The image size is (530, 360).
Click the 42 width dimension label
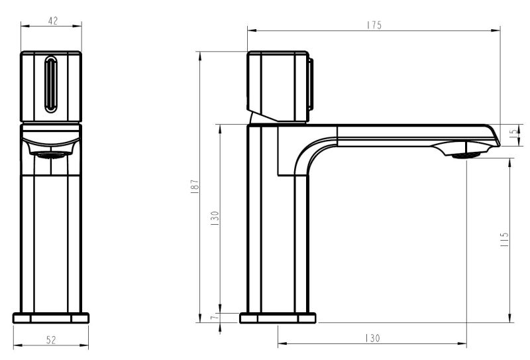[53, 21]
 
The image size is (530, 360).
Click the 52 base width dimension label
[51, 339]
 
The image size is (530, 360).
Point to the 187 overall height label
[195, 186]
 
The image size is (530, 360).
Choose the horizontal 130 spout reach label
[372, 338]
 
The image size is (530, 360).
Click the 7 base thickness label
[213, 318]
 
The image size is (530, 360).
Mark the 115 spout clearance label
[504, 239]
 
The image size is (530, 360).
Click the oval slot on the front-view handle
[51, 84]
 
